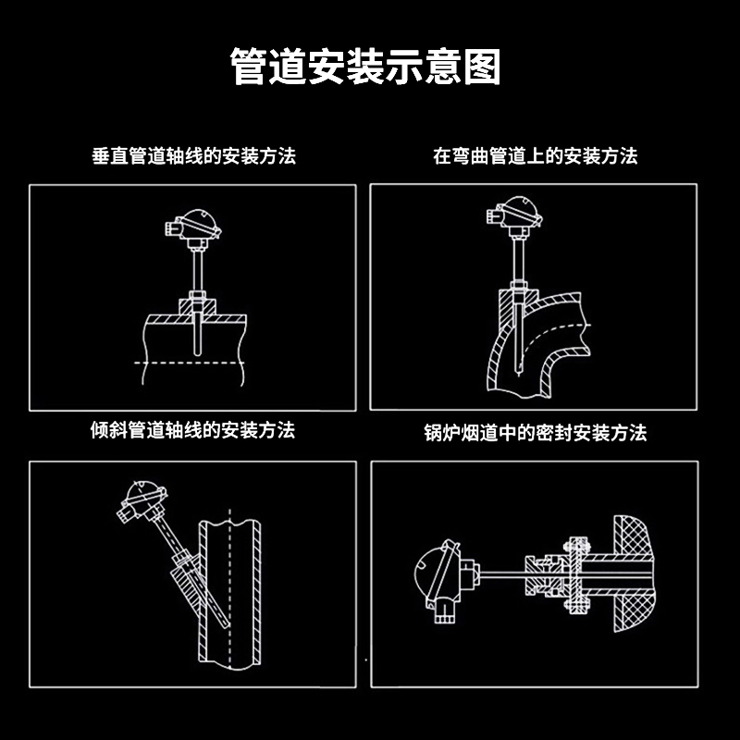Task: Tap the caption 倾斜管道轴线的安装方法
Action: click(193, 430)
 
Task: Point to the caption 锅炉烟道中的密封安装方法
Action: click(536, 432)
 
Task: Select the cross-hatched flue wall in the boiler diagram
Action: click(634, 573)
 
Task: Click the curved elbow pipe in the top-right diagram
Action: click(546, 342)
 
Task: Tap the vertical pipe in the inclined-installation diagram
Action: click(231, 592)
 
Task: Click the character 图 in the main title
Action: click(483, 68)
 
